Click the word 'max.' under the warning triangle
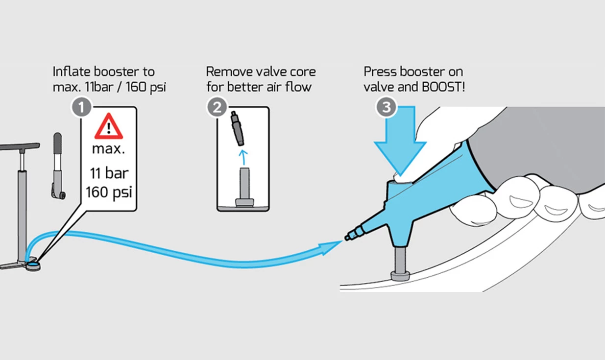(108, 148)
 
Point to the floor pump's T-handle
(20, 146)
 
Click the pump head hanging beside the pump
(57, 167)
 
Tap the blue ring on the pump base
(34, 264)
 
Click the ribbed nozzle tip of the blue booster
(354, 233)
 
